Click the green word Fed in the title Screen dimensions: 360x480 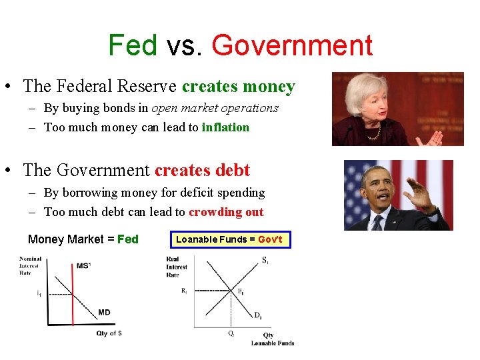[x=133, y=46]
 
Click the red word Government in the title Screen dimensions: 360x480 [x=291, y=46]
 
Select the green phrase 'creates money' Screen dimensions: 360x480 [x=238, y=87]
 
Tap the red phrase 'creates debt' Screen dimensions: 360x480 [x=202, y=170]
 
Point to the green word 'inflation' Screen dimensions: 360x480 [x=225, y=127]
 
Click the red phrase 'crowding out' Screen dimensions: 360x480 [x=226, y=212]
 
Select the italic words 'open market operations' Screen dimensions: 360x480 [x=215, y=108]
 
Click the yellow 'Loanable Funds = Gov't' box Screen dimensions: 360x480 [x=229, y=239]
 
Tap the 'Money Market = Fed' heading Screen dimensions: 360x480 [x=83, y=239]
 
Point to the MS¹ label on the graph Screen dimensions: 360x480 [x=84, y=265]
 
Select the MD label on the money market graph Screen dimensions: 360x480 [x=104, y=312]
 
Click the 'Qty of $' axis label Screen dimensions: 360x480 [x=109, y=333]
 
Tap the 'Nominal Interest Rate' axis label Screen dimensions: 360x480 [x=31, y=266]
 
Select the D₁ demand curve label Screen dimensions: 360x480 [x=257, y=315]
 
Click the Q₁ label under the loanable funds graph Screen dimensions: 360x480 [x=231, y=333]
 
